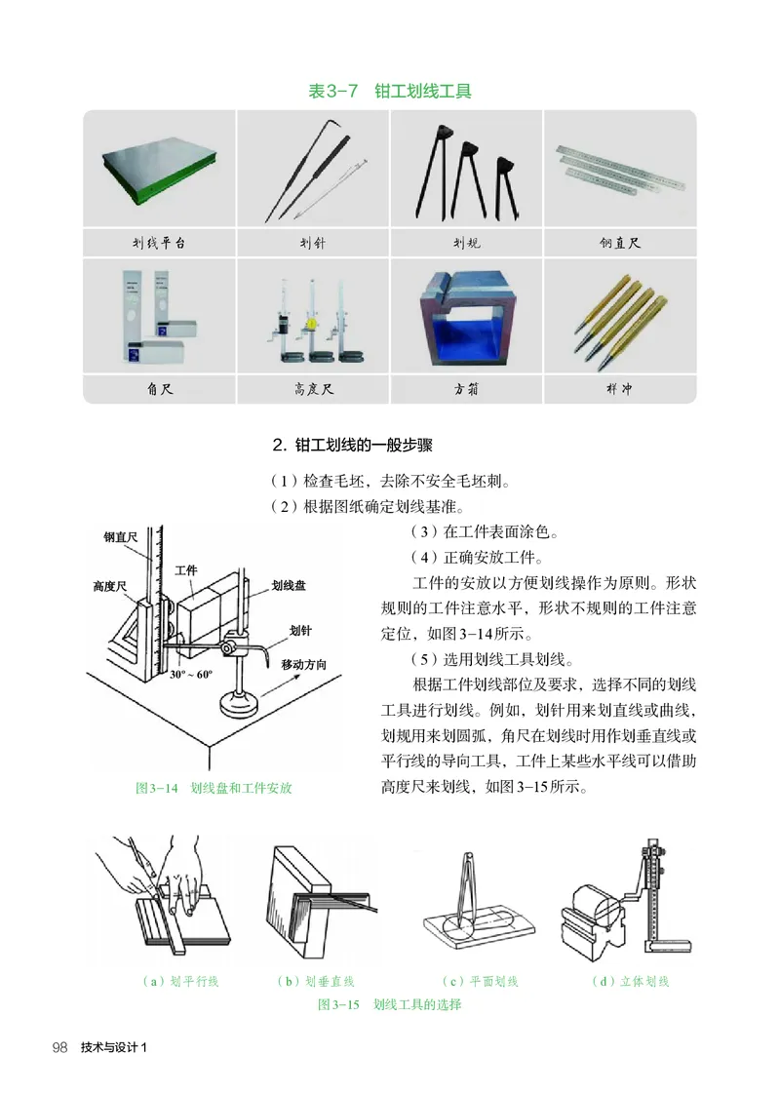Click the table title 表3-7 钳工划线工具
(390, 92)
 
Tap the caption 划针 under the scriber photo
(312, 243)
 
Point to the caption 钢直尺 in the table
(619, 243)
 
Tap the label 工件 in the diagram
(186, 569)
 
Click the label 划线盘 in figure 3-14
(289, 585)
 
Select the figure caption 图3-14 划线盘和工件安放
(214, 788)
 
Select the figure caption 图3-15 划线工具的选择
(390, 1004)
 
